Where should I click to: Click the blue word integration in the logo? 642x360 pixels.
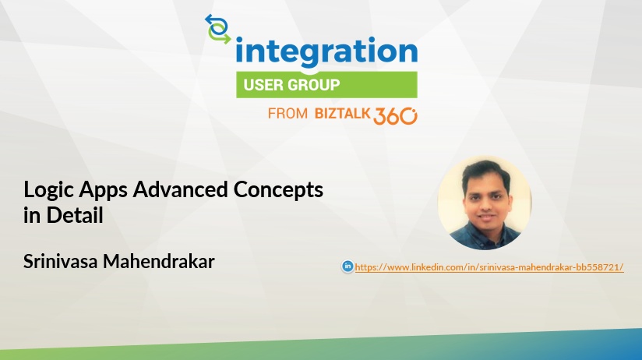click(x=326, y=52)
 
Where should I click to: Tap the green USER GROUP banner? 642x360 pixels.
click(x=326, y=85)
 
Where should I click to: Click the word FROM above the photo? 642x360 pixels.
click(x=287, y=114)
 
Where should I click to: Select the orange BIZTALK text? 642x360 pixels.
click(x=342, y=114)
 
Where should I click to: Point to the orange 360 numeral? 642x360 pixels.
click(x=395, y=116)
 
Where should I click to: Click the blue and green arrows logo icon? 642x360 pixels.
click(x=218, y=29)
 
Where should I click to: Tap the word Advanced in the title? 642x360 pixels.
click(x=180, y=189)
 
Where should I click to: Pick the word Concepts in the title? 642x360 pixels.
click(x=278, y=190)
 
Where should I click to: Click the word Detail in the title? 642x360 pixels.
click(x=75, y=215)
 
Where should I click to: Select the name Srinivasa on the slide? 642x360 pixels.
click(x=60, y=261)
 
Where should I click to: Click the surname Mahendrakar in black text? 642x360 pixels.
click(x=159, y=261)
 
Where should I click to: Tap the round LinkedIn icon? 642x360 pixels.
click(x=347, y=266)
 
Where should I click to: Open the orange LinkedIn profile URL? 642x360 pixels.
click(x=489, y=267)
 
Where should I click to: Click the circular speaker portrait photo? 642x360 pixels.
click(x=485, y=203)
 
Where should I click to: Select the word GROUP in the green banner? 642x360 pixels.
click(x=314, y=85)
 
